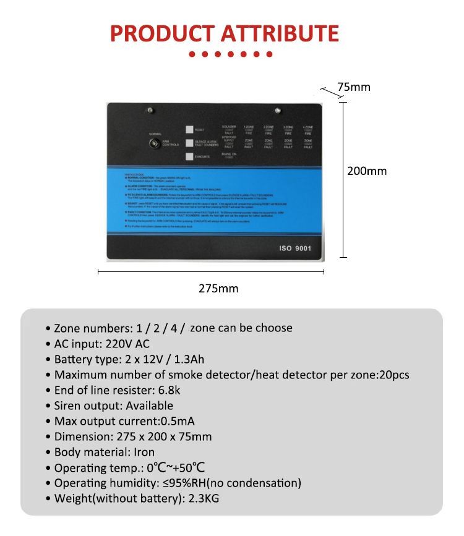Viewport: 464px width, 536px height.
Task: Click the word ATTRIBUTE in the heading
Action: tap(278, 33)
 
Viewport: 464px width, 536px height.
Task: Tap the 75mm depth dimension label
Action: tap(353, 87)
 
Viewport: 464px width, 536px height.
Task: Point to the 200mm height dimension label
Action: tap(367, 171)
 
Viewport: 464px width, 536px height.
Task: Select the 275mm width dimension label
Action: tap(218, 288)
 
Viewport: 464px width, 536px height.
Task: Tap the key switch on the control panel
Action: tap(153, 143)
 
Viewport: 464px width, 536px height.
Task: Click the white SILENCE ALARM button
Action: tap(189, 143)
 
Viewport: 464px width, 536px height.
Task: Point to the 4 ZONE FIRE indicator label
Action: tap(307, 130)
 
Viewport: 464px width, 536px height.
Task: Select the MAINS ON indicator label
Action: tap(230, 156)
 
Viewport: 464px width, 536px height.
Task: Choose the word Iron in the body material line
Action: tap(144, 452)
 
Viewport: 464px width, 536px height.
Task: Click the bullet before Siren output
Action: tap(48, 406)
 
